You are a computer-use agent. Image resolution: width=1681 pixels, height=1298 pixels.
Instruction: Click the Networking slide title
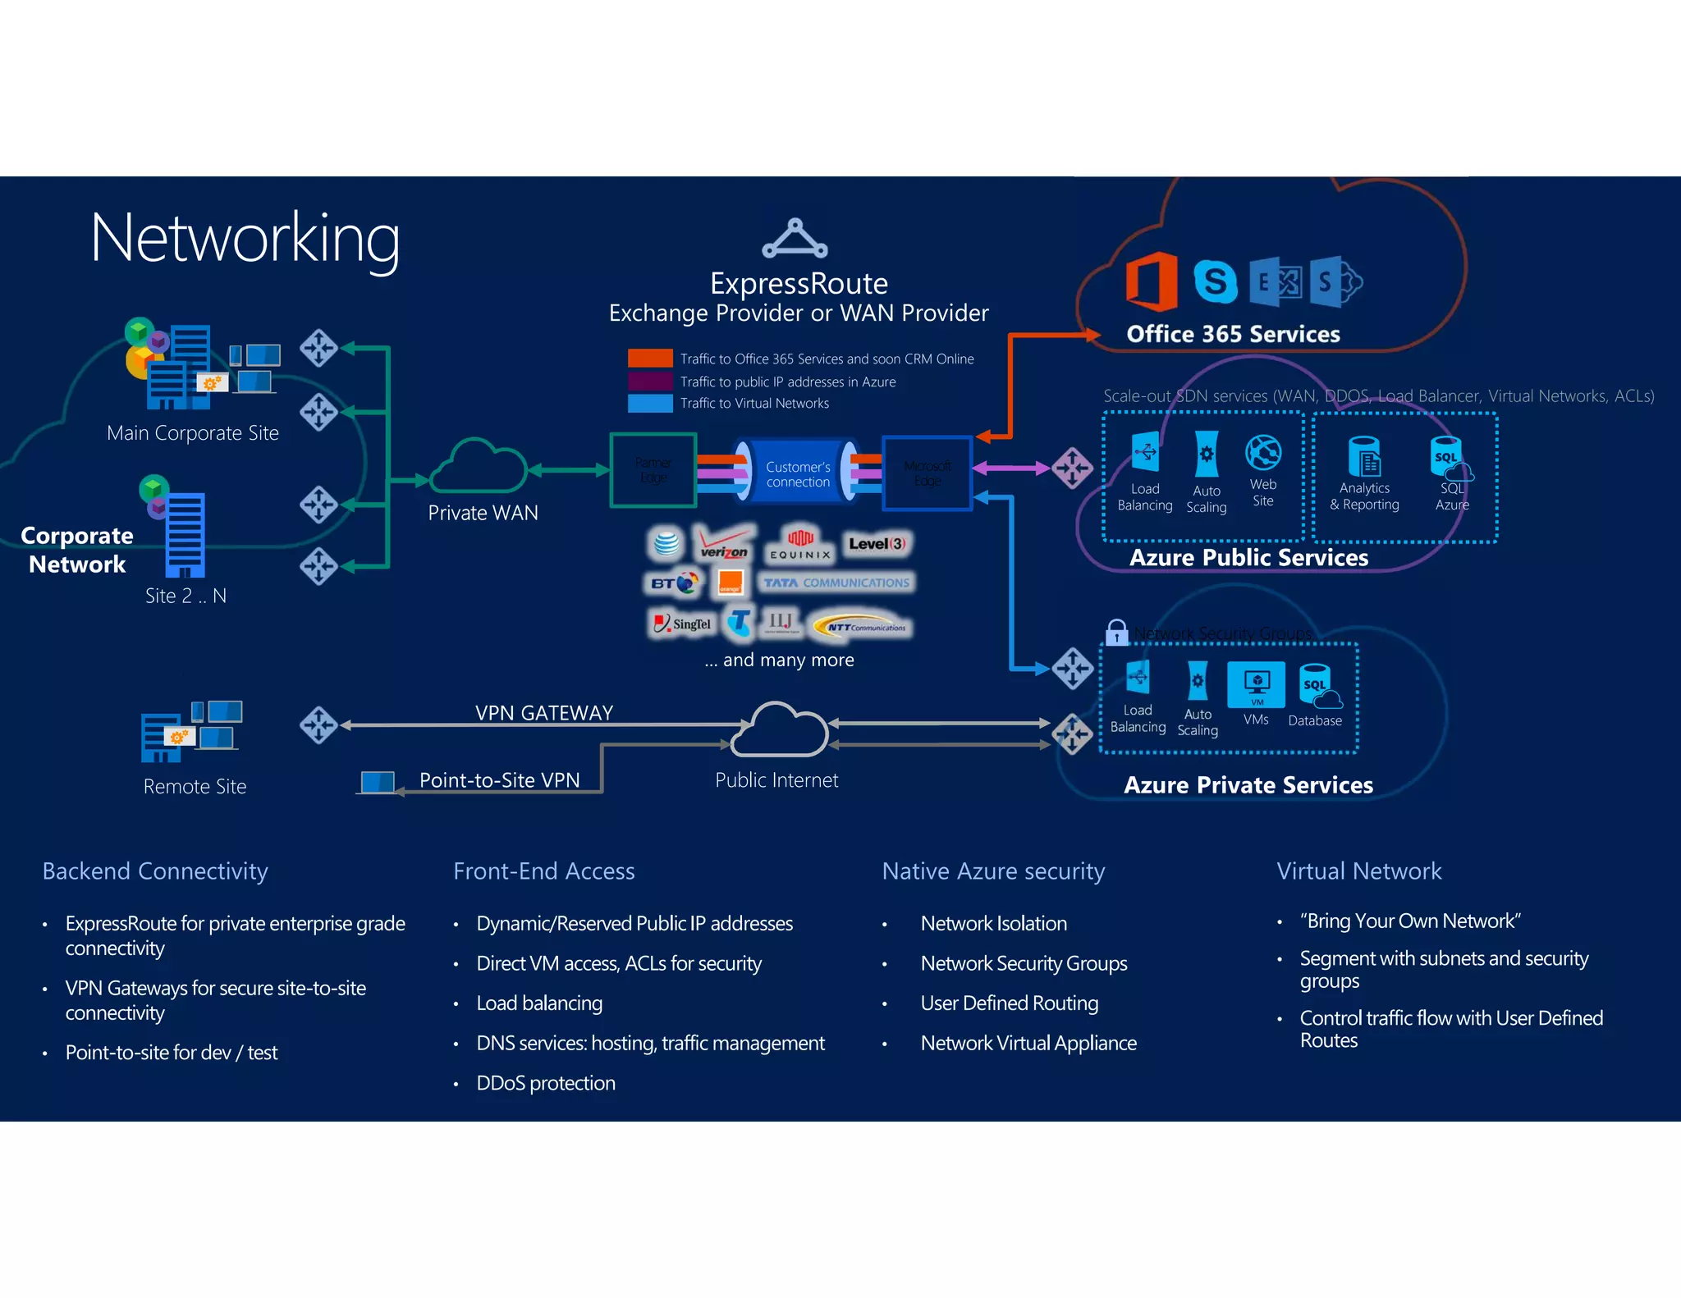coord(245,239)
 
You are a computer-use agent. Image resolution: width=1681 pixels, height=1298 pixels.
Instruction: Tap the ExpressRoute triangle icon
coord(794,239)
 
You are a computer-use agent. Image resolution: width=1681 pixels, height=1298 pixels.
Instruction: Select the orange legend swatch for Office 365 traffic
coord(650,359)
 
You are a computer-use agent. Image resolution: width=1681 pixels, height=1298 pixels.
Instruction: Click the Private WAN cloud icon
coord(479,465)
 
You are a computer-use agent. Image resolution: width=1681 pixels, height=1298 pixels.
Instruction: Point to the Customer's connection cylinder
coord(797,473)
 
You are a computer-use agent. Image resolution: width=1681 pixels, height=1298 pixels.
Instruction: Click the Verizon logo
coord(723,542)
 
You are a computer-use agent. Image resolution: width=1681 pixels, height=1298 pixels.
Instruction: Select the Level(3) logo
coord(877,543)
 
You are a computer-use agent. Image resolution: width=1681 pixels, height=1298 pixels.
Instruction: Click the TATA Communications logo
coord(836,583)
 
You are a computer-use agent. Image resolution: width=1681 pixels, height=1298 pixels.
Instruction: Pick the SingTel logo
coord(682,624)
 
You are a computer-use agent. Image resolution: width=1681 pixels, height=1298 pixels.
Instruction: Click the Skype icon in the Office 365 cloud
coord(1215,281)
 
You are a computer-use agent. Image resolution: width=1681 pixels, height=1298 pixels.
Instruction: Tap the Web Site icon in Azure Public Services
coord(1263,453)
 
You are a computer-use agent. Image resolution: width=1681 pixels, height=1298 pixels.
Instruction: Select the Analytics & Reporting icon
coord(1365,457)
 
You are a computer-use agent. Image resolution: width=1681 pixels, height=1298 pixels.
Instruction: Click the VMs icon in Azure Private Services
coord(1256,684)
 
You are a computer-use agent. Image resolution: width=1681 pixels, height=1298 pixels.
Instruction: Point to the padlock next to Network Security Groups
coord(1116,632)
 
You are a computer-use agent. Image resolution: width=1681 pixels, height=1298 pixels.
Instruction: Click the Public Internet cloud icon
coord(778,730)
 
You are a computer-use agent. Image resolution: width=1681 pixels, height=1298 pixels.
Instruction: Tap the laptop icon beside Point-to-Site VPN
coord(378,782)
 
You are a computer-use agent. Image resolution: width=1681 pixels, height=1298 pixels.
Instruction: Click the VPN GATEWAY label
coord(544,712)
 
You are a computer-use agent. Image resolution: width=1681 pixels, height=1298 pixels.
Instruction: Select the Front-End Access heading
coord(543,871)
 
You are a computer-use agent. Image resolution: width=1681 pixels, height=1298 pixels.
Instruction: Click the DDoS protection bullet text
coord(545,1083)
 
